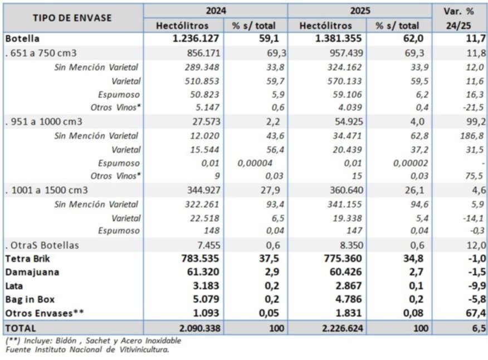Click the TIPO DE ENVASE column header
(x=72, y=18)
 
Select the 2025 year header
(x=360, y=11)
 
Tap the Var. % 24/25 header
(x=458, y=18)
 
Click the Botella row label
(x=22, y=38)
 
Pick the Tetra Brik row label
(x=27, y=259)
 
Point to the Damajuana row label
(x=32, y=272)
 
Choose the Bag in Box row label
(x=30, y=299)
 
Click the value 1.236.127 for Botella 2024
(x=196, y=38)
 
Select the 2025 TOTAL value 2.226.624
(x=343, y=328)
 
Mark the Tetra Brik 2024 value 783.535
(x=200, y=258)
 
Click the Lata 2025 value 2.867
(x=349, y=285)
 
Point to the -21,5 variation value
(x=473, y=108)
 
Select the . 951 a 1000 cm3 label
(x=44, y=121)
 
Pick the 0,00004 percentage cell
(x=255, y=163)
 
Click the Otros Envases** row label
(x=45, y=313)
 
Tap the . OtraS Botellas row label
(x=42, y=245)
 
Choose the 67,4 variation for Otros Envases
(x=476, y=313)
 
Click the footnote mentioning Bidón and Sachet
(x=93, y=340)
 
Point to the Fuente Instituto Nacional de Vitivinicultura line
(x=87, y=349)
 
